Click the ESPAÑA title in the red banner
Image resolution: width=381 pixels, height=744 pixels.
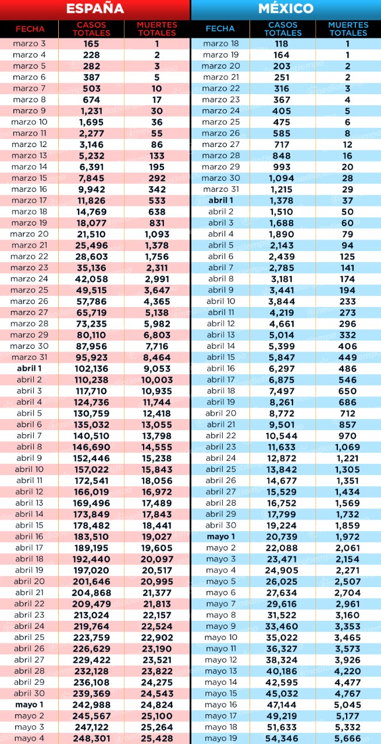pyautogui.click(x=95, y=8)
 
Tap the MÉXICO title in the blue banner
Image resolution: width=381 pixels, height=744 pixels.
pyautogui.click(x=286, y=8)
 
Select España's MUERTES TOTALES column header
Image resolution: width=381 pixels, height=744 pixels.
pyautogui.click(x=157, y=29)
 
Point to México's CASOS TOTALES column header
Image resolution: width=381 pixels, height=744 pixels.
pyautogui.click(x=283, y=29)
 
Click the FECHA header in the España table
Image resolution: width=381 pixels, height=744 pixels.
pyautogui.click(x=30, y=29)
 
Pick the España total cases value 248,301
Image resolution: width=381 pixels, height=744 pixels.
pyautogui.click(x=91, y=738)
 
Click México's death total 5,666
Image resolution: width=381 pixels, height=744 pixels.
pyautogui.click(x=347, y=738)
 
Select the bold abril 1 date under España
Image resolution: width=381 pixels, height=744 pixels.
pyautogui.click(x=29, y=369)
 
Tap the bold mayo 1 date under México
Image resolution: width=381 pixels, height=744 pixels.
pyautogui.click(x=221, y=536)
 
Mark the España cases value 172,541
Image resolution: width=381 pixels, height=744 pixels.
pyautogui.click(x=91, y=481)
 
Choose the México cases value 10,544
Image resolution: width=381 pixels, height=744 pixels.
pyautogui.click(x=282, y=436)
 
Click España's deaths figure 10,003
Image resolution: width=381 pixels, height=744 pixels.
pyautogui.click(x=157, y=380)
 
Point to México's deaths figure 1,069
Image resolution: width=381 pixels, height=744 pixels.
pyautogui.click(x=347, y=447)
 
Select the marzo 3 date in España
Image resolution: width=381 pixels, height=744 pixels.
pyautogui.click(x=29, y=44)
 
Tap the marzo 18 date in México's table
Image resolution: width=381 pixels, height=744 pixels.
pyautogui.click(x=221, y=44)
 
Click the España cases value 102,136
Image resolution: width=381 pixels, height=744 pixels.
pyautogui.click(x=91, y=369)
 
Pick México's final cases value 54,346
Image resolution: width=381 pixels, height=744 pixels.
pyautogui.click(x=282, y=738)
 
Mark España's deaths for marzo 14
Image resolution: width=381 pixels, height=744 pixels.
pyautogui.click(x=157, y=167)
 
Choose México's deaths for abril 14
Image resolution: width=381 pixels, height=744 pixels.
pyautogui.click(x=347, y=346)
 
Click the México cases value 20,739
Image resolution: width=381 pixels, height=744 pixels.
pyautogui.click(x=282, y=536)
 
